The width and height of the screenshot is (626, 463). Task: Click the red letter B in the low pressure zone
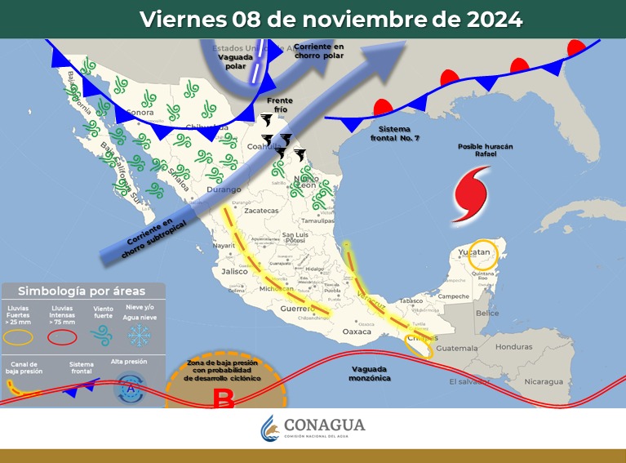click(224, 400)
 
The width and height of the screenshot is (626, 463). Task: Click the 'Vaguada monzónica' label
click(371, 373)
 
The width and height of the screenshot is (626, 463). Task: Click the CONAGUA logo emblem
click(270, 428)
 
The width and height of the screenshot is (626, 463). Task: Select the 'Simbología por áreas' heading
click(82, 290)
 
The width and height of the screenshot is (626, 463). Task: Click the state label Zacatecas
click(261, 211)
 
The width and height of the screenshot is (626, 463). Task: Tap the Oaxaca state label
click(357, 332)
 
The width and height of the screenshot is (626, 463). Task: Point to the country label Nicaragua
click(544, 381)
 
